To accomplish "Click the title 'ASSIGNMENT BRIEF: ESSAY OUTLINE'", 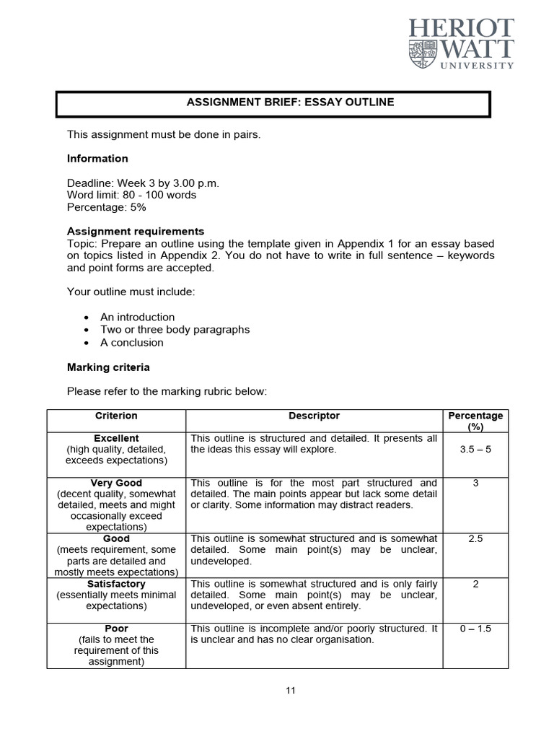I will coord(291,102).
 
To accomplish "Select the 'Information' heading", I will coord(97,159).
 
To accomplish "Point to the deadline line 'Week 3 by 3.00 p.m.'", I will coord(143,183).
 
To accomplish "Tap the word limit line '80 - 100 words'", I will coord(131,195).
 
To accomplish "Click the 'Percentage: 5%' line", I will coord(106,207).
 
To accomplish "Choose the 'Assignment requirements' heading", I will coord(136,232).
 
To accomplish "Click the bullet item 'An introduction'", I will coord(137,318).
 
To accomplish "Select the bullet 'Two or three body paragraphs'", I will coord(175,330).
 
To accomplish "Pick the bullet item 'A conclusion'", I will coord(131,343).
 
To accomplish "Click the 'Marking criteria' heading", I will coord(108,367).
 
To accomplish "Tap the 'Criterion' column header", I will coord(116,416).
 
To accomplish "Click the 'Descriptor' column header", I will coord(314,416).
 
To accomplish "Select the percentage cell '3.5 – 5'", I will coord(475,450).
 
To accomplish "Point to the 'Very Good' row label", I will coord(116,483).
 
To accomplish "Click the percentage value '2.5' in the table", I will coord(475,539).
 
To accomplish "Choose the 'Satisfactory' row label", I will coord(116,584).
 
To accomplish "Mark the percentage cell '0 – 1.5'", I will coord(475,629).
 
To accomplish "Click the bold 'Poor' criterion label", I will coord(116,629).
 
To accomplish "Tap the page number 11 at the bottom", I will coord(291,691).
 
